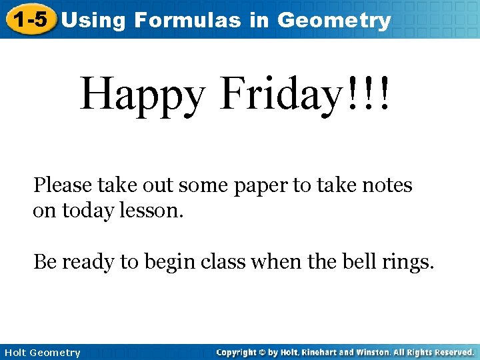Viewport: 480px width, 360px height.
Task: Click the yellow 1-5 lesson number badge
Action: coord(30,20)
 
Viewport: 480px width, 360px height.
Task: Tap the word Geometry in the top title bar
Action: coord(333,20)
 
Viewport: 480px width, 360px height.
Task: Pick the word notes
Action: coord(387,185)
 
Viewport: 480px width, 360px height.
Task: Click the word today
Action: coord(86,212)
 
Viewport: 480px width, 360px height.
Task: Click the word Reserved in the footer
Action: coord(452,352)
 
